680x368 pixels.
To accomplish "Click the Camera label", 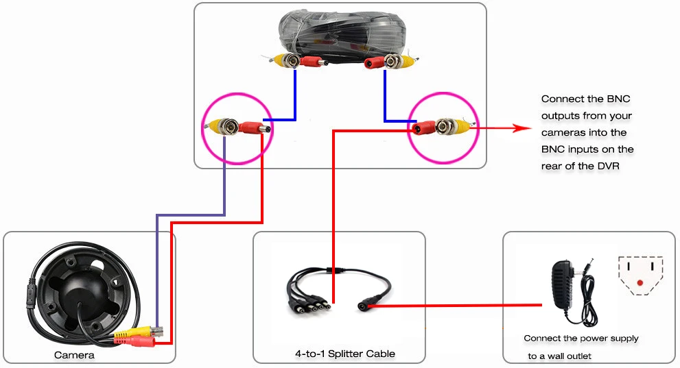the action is coord(74,356).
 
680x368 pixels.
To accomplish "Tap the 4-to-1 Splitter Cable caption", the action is coord(345,354).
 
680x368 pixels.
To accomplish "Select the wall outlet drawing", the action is coord(640,275).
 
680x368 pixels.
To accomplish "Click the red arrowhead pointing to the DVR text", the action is coord(522,128).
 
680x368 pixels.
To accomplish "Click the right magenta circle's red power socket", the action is coord(423,127).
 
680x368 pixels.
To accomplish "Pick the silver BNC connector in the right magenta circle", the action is coord(445,126).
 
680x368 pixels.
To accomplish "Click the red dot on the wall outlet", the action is coord(640,283).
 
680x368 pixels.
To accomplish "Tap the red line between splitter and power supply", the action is coord(456,306).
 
